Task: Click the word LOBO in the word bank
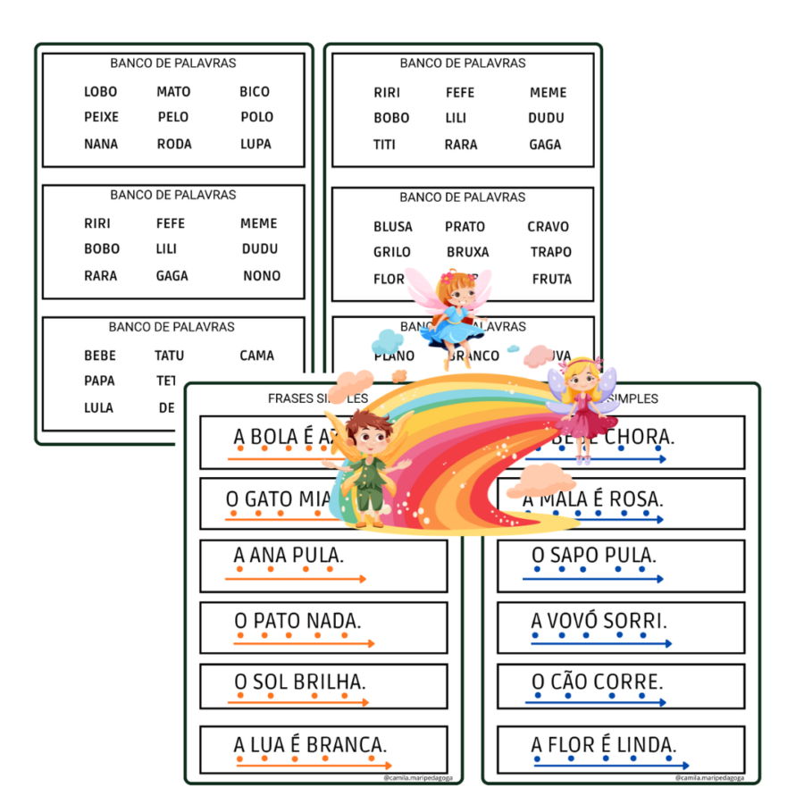click(100, 91)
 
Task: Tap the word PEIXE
click(101, 117)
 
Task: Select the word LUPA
click(255, 144)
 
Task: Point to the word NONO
click(262, 275)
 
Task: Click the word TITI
click(384, 144)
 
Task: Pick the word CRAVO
click(548, 227)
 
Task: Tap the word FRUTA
click(551, 279)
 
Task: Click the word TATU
click(169, 356)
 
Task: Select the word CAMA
click(256, 356)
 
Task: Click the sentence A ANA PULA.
click(289, 556)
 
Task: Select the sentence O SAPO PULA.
click(593, 556)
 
